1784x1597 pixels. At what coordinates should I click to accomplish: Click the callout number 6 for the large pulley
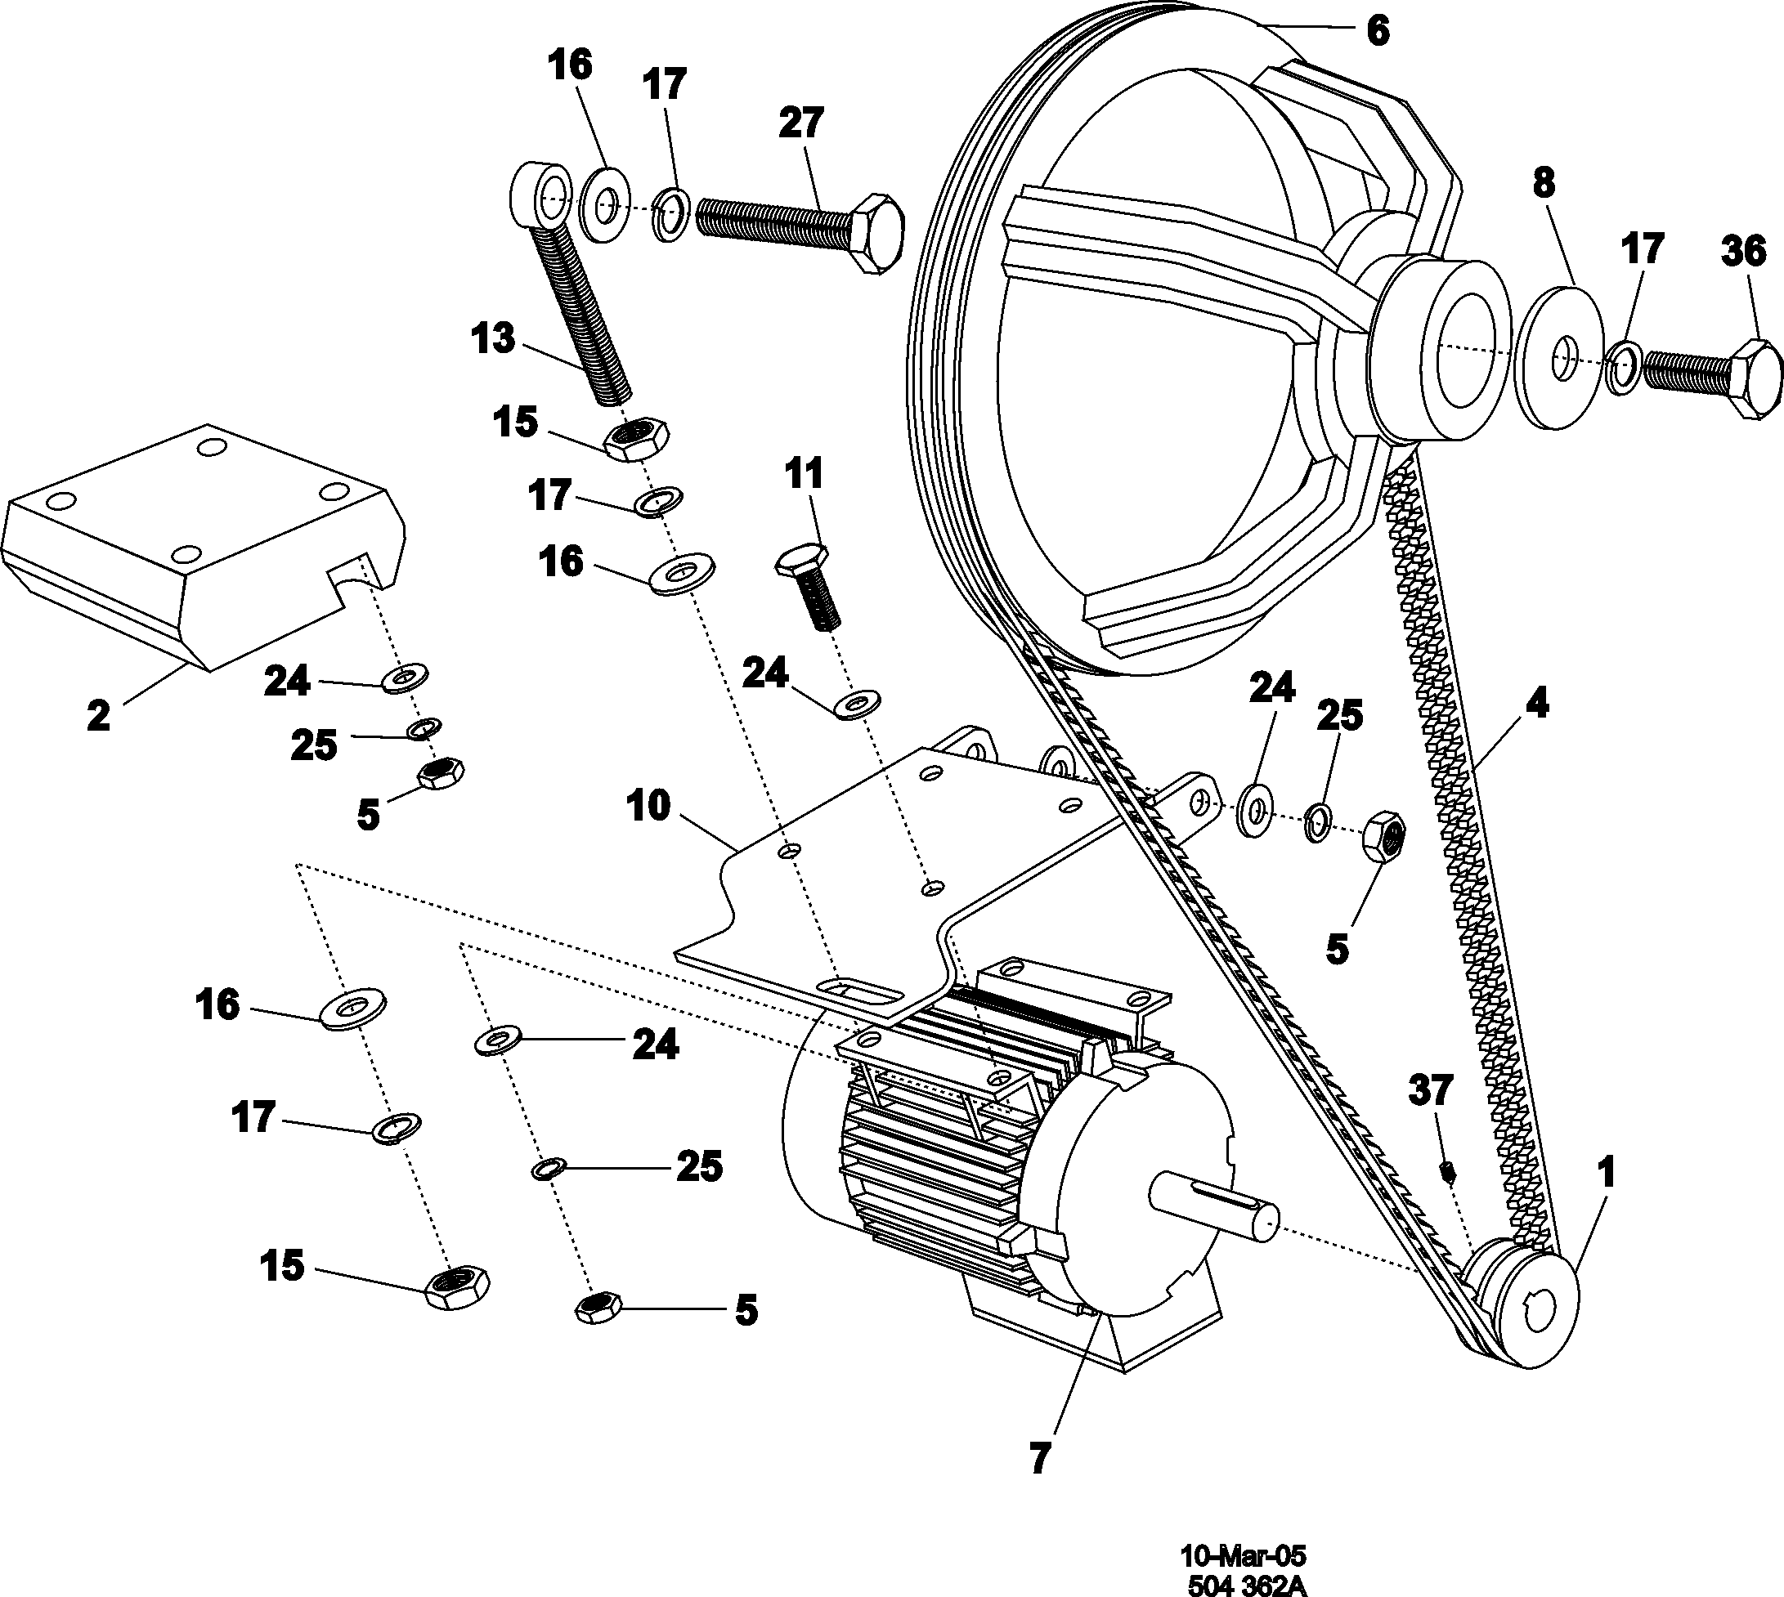[x=1378, y=31]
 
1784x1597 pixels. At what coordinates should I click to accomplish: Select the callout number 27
[x=800, y=123]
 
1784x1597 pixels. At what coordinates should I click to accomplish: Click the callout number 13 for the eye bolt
[x=492, y=338]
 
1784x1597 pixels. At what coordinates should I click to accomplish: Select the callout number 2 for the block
[x=98, y=715]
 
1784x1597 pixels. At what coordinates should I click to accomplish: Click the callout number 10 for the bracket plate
[x=649, y=806]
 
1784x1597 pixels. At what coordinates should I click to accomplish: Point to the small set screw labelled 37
[x=1450, y=1170]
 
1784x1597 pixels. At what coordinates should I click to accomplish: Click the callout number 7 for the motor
[x=1038, y=1458]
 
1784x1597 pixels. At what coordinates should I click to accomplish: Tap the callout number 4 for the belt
[x=1535, y=702]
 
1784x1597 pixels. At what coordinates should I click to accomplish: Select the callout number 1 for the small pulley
[x=1607, y=1172]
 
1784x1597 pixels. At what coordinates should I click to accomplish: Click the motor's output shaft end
[x=1264, y=1223]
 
